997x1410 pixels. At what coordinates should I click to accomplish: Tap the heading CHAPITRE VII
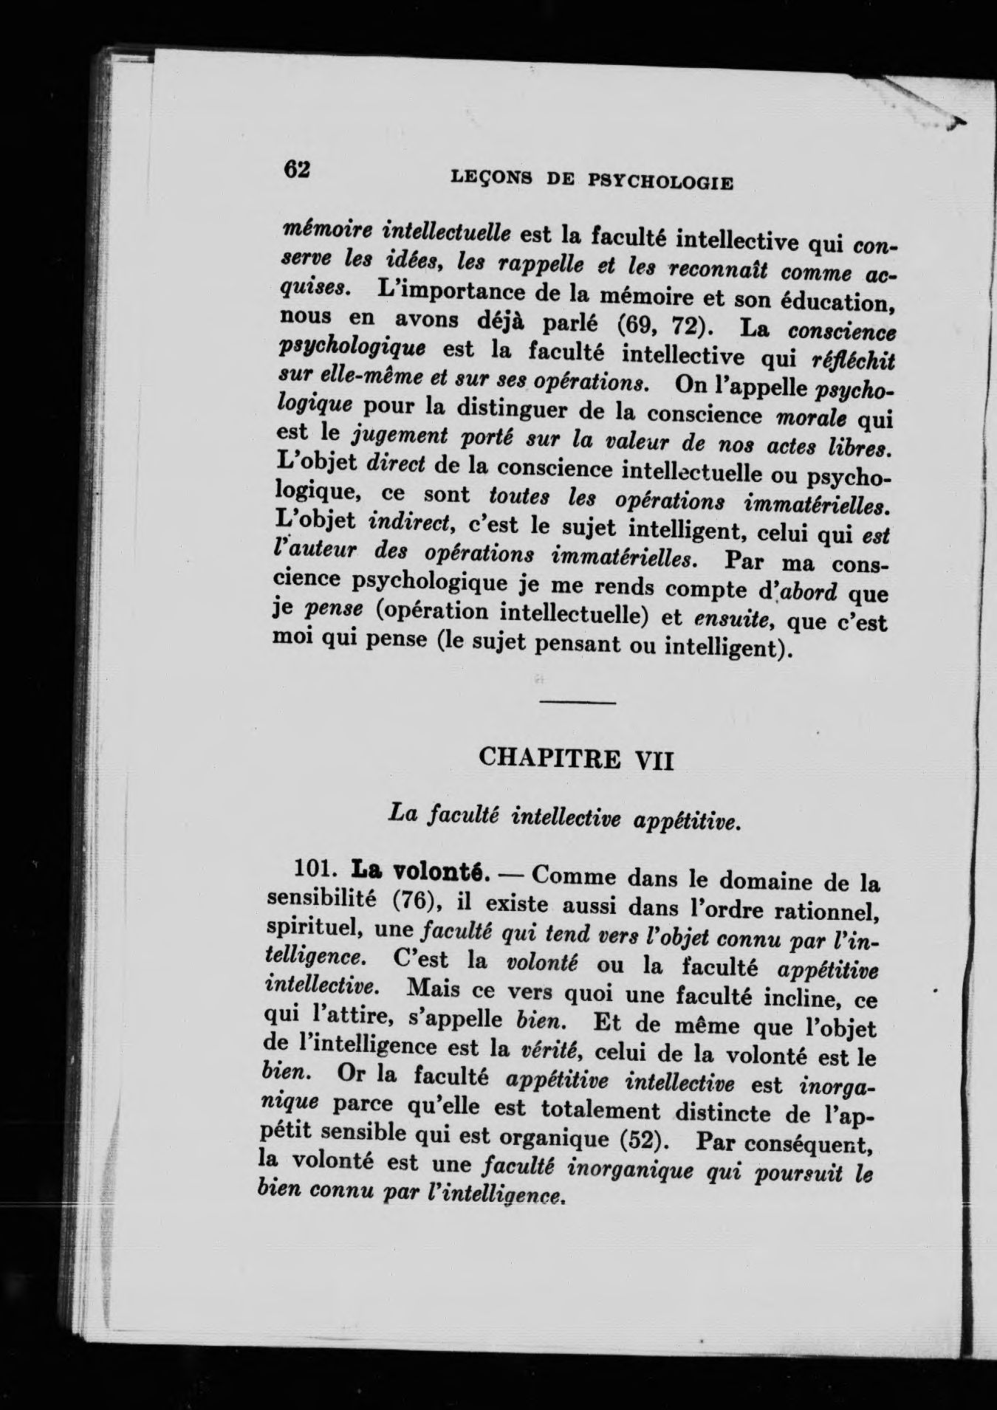577,757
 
